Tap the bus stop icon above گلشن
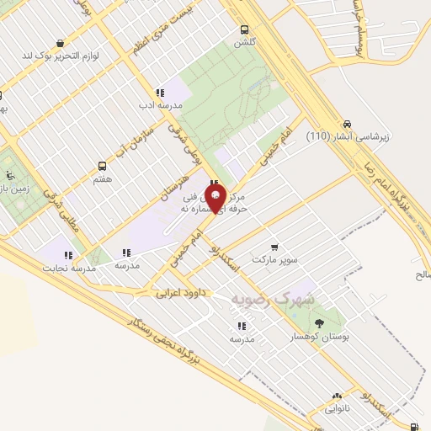244,27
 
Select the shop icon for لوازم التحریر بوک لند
60,43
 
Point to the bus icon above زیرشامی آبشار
348,122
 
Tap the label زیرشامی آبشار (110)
341,136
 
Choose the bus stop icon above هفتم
103,166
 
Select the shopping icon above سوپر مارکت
273,246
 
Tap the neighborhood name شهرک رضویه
274,299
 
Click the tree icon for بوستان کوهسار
318,322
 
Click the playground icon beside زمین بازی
9,175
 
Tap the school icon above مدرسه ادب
159,93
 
